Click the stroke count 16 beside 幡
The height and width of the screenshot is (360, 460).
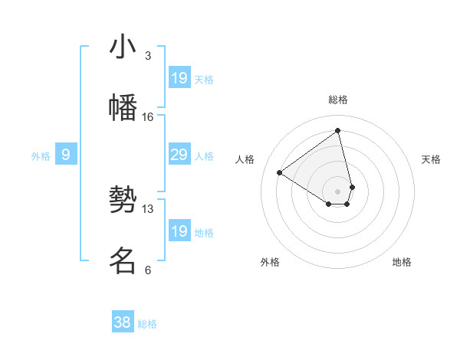(148, 116)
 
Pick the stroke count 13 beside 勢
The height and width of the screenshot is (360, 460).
(148, 208)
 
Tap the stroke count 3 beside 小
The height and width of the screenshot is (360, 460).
(148, 55)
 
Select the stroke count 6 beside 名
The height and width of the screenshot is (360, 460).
(148, 270)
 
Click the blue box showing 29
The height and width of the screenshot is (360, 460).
(179, 155)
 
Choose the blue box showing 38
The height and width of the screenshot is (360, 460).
(123, 322)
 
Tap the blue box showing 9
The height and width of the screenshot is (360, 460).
(66, 155)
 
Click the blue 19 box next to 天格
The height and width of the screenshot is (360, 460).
(179, 77)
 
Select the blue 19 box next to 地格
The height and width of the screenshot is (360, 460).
(179, 231)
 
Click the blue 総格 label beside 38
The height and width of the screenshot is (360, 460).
(147, 324)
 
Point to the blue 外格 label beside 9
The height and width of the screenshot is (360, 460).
(41, 156)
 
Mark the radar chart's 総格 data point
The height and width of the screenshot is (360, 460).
(338, 130)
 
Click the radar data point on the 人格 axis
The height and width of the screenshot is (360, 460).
(280, 172)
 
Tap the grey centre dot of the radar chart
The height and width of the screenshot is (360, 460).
(338, 191)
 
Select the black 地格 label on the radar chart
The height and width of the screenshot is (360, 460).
(402, 262)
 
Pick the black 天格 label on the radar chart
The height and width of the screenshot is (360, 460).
(431, 159)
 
